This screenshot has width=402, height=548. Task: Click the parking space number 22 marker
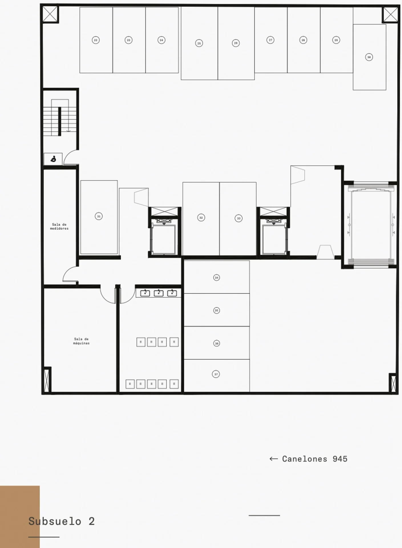tap(96, 40)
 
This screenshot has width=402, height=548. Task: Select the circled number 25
tap(199, 43)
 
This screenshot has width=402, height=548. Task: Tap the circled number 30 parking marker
tap(369, 57)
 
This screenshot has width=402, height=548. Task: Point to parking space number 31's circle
tap(99, 216)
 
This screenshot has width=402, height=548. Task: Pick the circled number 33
tap(239, 218)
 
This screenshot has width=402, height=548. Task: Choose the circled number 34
tap(217, 277)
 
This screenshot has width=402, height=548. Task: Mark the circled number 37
tap(216, 374)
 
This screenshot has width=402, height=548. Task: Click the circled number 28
tap(303, 40)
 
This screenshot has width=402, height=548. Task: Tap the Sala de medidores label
tap(59, 227)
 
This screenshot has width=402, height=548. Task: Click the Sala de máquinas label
tap(81, 341)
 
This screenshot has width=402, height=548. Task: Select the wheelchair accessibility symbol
tap(53, 159)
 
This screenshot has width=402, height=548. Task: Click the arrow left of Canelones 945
tap(274, 459)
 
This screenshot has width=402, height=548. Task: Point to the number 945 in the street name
tap(340, 459)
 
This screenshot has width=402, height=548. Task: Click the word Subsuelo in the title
tap(55, 521)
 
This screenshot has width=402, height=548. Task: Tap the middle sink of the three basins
tap(159, 293)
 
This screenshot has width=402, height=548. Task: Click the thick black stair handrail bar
tap(60, 121)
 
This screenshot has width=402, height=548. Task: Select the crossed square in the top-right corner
tap(390, 14)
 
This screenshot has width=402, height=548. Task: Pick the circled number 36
tap(217, 343)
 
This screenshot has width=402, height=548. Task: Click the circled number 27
tap(270, 40)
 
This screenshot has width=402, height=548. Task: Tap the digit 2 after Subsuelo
tap(92, 521)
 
